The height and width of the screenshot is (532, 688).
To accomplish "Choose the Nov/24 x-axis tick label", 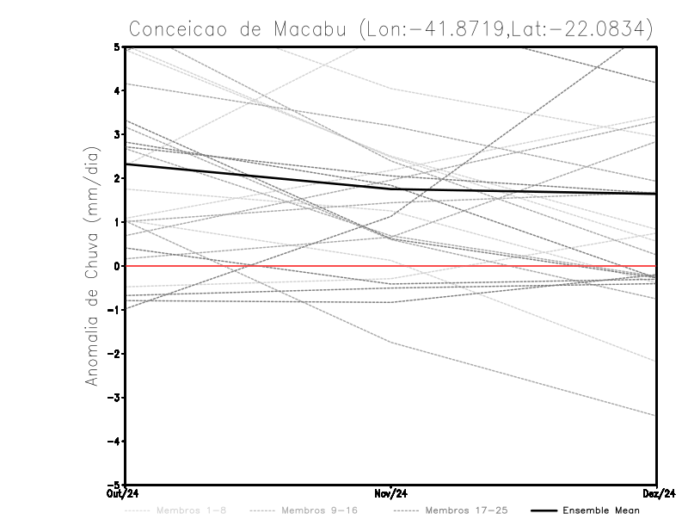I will (x=390, y=493).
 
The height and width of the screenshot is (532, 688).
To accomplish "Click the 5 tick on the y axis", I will (x=116, y=46).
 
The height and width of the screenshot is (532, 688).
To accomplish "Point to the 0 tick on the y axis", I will (x=116, y=266).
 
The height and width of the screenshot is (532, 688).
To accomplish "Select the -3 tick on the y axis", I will (x=113, y=398).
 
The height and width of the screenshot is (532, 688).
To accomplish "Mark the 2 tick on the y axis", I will (x=116, y=178).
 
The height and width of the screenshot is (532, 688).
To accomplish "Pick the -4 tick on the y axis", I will (x=113, y=442).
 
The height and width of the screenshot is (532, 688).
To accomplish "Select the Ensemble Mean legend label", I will (x=601, y=510).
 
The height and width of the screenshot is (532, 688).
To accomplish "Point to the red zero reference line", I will (x=516, y=266).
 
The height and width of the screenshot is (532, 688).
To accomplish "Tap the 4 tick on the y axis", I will (x=116, y=90).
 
